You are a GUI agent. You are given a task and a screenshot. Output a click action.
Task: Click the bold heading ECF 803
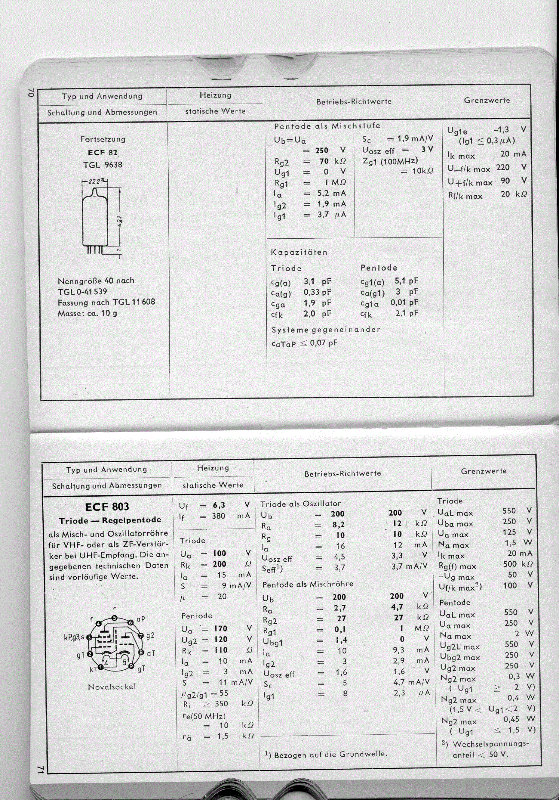pyautogui.click(x=107, y=507)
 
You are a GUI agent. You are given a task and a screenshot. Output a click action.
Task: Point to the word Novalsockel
pyautogui.click(x=112, y=687)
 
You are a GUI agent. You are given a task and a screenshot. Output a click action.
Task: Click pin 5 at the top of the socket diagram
pyautogui.click(x=115, y=618)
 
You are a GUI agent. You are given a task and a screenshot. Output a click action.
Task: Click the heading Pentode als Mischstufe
pyautogui.click(x=327, y=126)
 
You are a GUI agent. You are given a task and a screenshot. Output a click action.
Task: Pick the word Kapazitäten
pyautogui.click(x=299, y=252)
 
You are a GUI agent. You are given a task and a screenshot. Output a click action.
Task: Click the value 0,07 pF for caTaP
pyautogui.click(x=324, y=343)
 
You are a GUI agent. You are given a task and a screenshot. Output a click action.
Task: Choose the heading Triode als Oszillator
pyautogui.click(x=301, y=504)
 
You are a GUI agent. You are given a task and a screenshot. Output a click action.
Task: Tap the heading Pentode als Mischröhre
pyautogui.click(x=308, y=584)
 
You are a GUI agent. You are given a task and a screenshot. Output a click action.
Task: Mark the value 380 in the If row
pyautogui.click(x=218, y=516)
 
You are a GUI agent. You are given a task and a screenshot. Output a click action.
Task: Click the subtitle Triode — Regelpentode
pyautogui.click(x=110, y=520)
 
